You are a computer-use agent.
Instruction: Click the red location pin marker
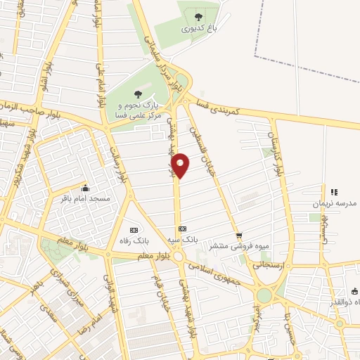tap(181, 165)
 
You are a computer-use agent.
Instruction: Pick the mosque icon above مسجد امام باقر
tap(86, 188)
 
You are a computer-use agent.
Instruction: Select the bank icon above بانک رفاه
tap(134, 230)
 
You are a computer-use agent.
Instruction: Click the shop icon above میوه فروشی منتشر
tap(239, 236)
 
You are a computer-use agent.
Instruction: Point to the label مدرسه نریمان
tap(334, 203)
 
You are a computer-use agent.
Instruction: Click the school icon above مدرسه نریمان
tap(334, 191)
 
